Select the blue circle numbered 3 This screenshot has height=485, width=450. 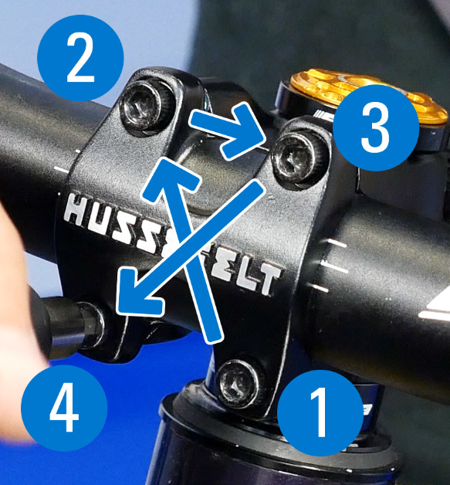pyautogui.click(x=375, y=129)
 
